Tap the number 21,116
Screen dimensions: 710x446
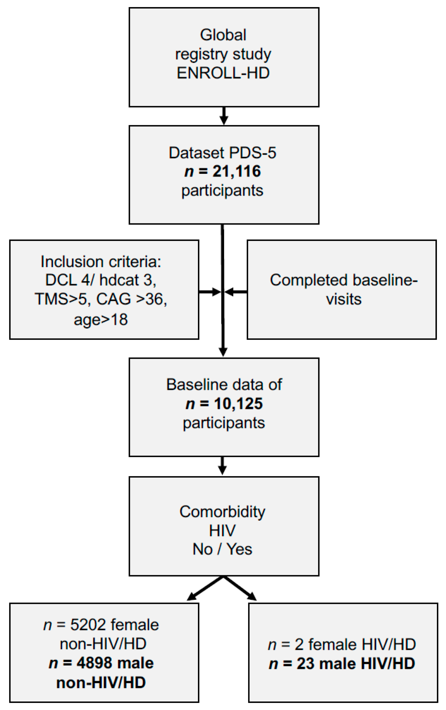coord(237,171)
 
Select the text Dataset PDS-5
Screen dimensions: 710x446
coord(222,153)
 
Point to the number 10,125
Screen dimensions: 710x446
coord(238,404)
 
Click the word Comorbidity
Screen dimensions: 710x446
coord(222,512)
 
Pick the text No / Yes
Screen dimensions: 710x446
coord(222,549)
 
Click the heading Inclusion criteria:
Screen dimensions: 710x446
coord(101,261)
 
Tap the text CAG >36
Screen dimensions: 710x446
coord(132,299)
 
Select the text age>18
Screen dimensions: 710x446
coord(101,319)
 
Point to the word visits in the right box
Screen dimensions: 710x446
coord(344,299)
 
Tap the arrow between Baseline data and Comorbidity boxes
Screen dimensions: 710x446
coord(223,466)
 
